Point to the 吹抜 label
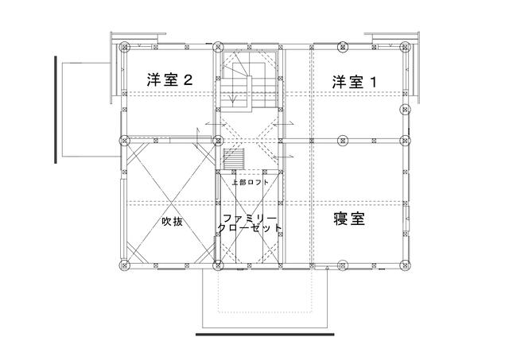click(x=173, y=222)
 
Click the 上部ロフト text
click(x=250, y=182)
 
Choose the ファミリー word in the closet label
click(x=250, y=216)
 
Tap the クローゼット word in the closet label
click(x=250, y=228)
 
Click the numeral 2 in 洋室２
click(x=188, y=80)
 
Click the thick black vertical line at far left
click(x=56, y=109)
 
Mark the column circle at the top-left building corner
click(x=122, y=47)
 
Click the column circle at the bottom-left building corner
click(x=122, y=264)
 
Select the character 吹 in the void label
click(x=167, y=222)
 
